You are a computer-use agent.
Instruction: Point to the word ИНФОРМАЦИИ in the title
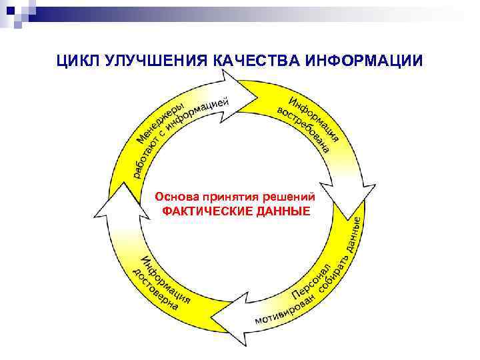363,61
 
